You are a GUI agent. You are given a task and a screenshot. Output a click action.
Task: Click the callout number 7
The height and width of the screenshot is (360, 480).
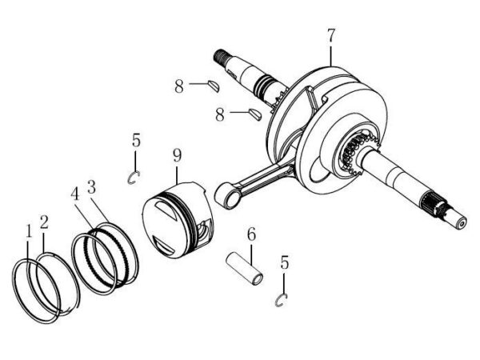click(x=331, y=35)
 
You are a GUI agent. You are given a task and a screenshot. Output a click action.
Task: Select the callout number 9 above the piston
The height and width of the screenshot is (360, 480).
click(x=177, y=155)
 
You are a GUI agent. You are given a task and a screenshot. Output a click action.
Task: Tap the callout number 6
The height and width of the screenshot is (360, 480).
click(x=251, y=234)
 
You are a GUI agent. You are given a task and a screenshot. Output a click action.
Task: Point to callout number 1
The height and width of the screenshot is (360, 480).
click(x=29, y=231)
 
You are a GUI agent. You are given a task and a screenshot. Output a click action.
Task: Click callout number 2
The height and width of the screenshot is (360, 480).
click(x=44, y=222)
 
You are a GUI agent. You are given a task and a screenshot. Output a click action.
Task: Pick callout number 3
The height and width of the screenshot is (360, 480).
click(x=91, y=186)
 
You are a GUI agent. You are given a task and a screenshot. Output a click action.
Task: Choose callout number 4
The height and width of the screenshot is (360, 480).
click(x=75, y=194)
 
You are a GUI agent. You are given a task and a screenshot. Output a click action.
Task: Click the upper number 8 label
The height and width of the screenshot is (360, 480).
click(x=179, y=86)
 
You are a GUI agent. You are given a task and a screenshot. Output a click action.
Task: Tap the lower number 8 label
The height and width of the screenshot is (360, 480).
click(x=220, y=115)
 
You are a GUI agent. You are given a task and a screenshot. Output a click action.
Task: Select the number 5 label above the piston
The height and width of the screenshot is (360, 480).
click(x=136, y=140)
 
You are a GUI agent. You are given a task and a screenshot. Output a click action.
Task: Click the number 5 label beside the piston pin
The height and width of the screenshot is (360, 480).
click(x=285, y=262)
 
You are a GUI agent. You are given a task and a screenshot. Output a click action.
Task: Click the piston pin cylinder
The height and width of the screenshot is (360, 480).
click(x=244, y=269)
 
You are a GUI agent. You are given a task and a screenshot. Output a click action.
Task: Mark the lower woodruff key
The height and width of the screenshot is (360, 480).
click(x=255, y=114)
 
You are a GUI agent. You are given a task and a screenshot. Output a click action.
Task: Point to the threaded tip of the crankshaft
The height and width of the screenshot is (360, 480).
click(x=221, y=56)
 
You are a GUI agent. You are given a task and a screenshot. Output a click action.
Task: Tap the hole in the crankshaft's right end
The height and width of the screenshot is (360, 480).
click(x=462, y=224)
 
